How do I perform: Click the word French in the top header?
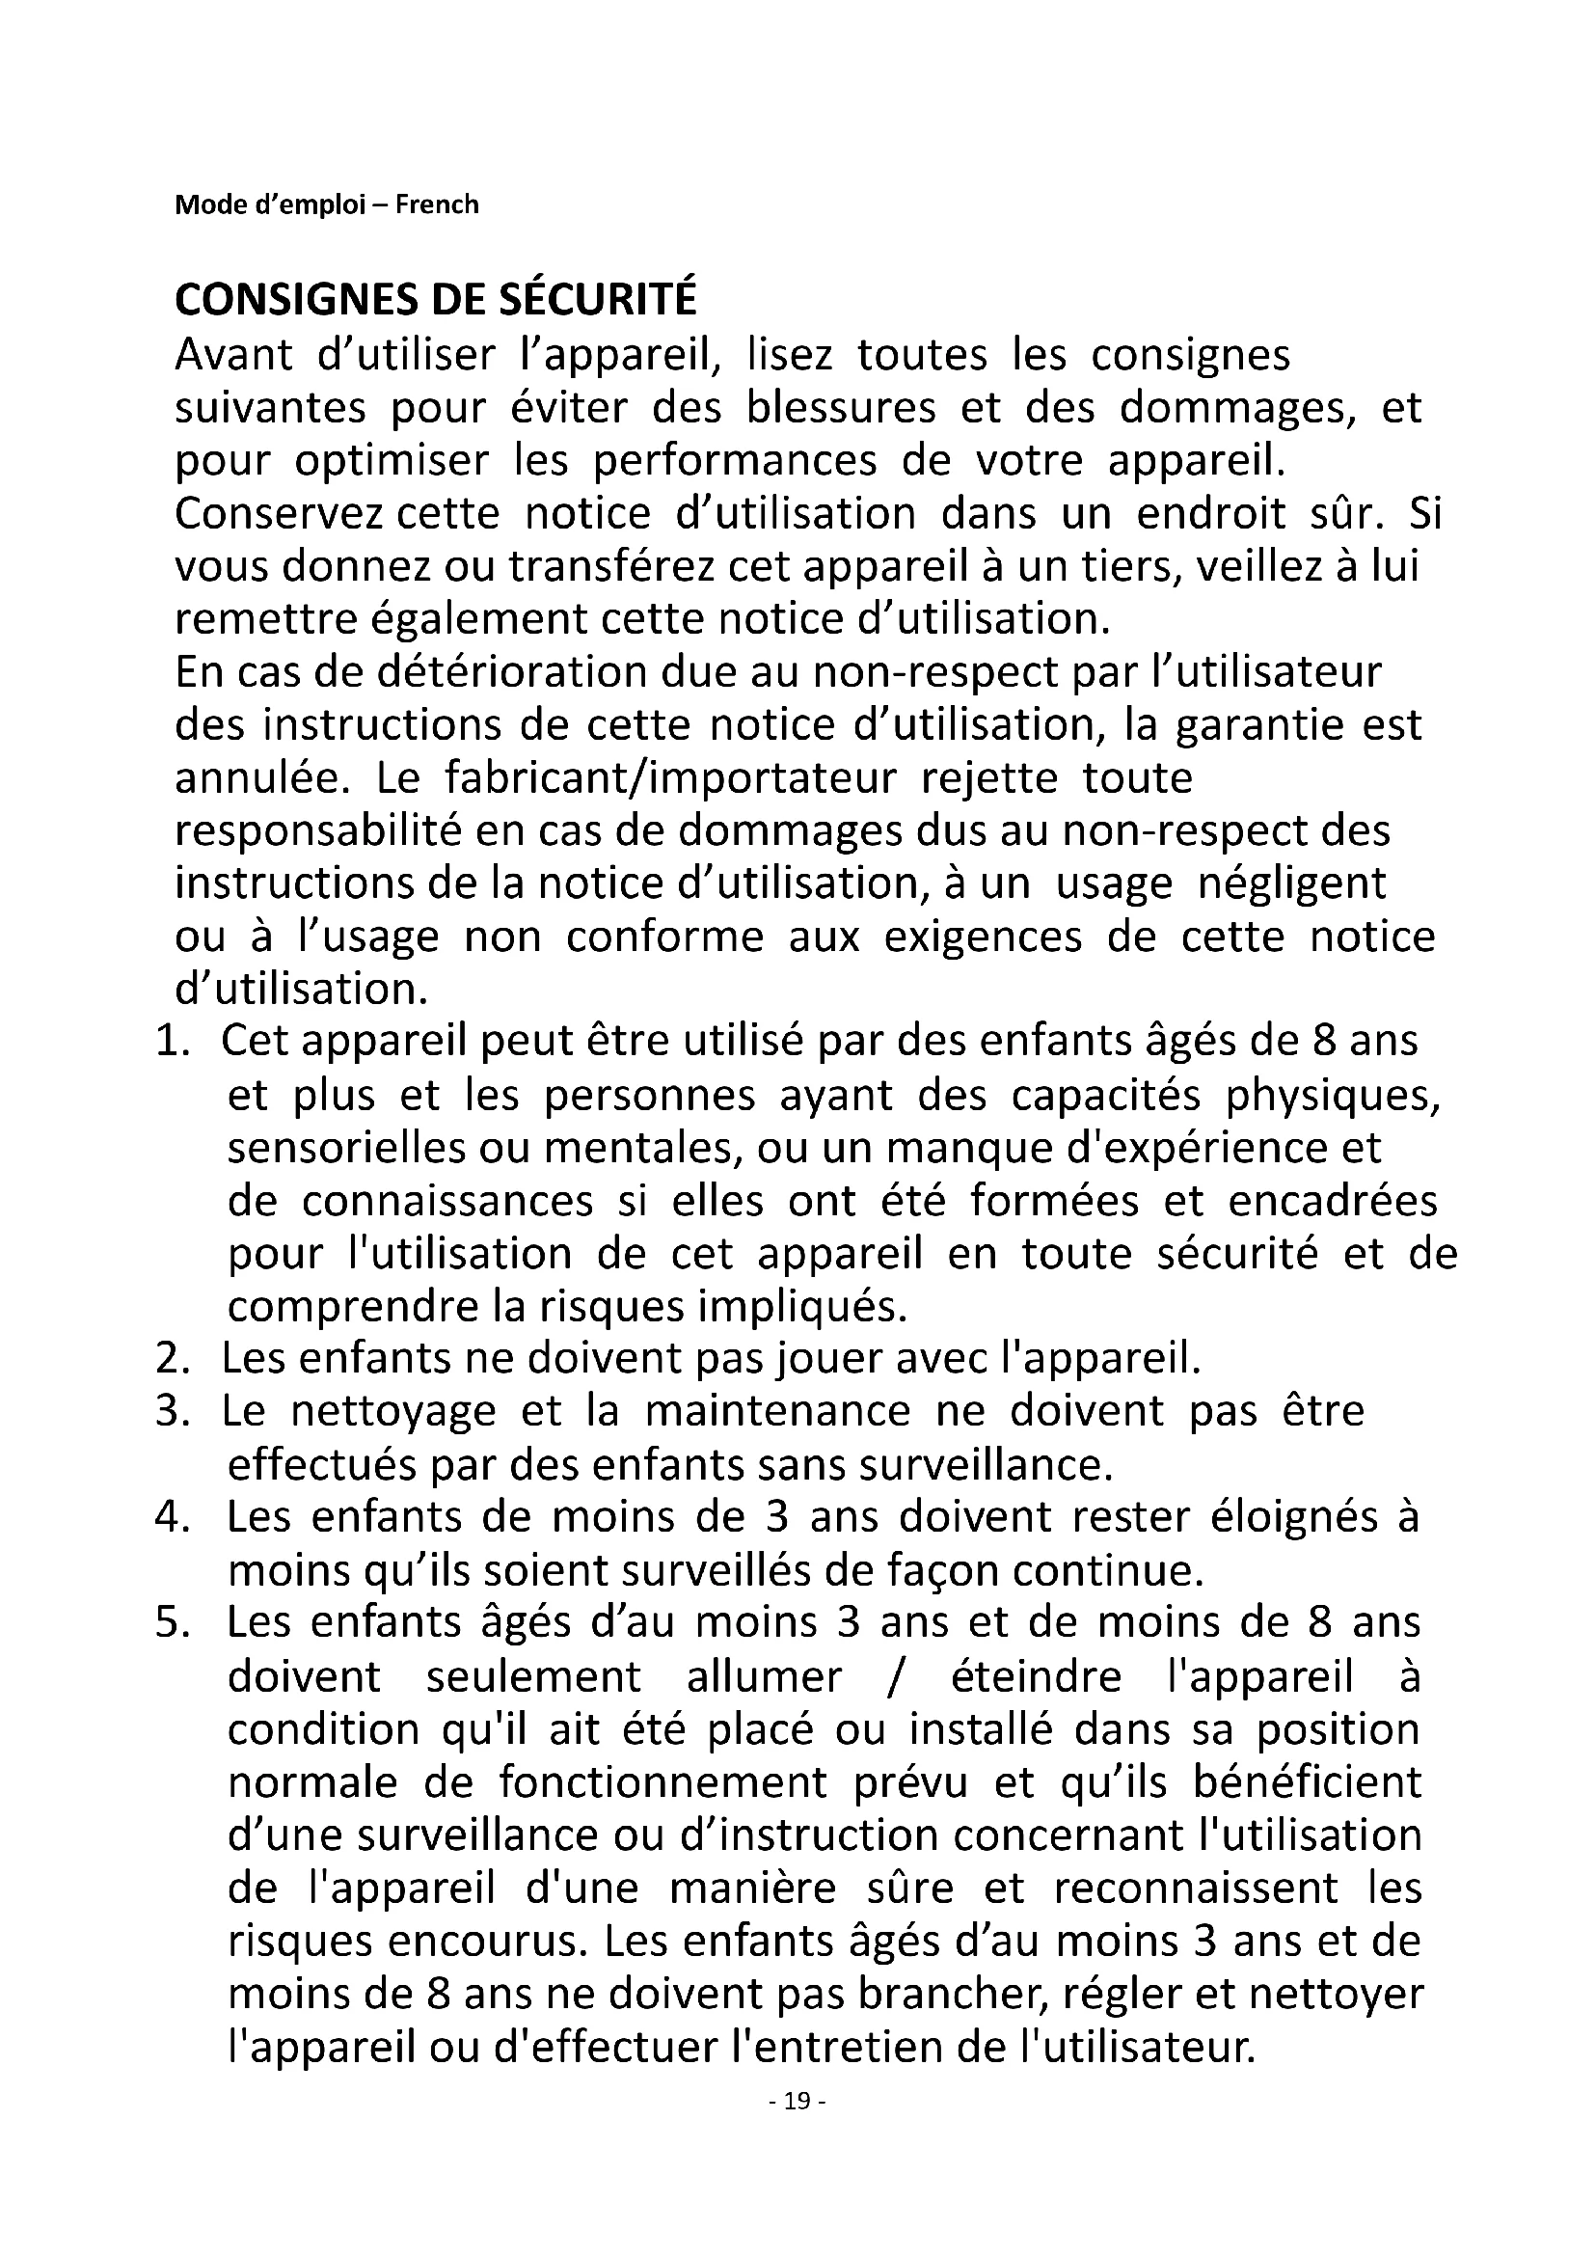point(437,204)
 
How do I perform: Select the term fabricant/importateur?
point(671,777)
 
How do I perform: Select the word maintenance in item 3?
point(778,1411)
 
